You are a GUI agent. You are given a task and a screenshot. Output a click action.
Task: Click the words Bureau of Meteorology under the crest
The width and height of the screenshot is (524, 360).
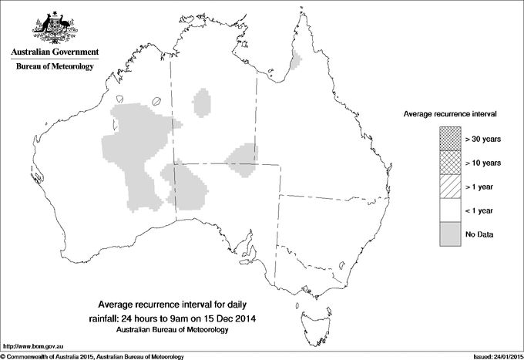pos(55,67)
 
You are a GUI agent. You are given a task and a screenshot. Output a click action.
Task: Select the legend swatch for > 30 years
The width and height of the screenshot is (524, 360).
pos(449,139)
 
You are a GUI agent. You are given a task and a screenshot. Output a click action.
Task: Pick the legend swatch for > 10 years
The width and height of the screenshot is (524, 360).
pos(449,163)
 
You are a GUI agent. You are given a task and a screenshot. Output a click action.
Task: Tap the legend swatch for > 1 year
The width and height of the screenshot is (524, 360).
pos(449,187)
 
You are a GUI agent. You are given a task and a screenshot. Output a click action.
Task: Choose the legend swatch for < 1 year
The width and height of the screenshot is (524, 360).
pos(449,210)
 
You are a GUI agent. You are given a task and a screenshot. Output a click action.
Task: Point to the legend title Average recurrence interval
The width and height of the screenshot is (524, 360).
pos(449,113)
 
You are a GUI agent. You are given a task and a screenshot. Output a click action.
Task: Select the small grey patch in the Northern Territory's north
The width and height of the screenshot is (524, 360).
pos(203,102)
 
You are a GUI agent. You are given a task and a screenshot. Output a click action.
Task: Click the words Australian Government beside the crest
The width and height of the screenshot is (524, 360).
pos(55,52)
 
